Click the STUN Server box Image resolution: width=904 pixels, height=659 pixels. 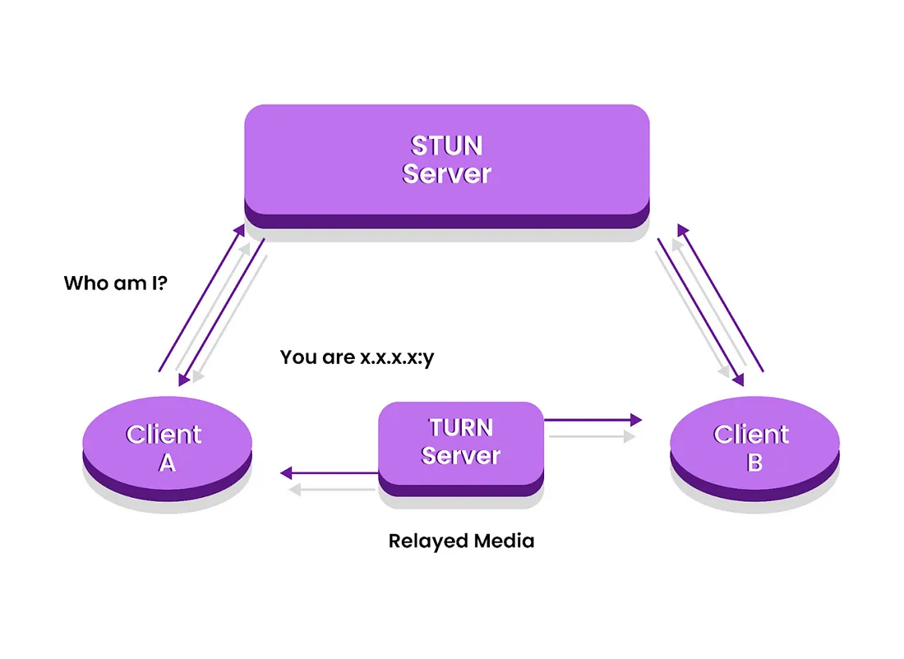pyautogui.click(x=447, y=166)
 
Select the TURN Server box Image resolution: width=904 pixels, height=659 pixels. pyautogui.click(x=461, y=449)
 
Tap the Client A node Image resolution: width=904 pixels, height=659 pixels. pyautogui.click(x=167, y=448)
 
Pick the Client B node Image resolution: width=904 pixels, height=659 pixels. pyautogui.click(x=754, y=448)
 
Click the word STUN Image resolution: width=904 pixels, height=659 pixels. pyautogui.click(x=447, y=146)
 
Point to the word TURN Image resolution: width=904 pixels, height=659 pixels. pyautogui.click(x=461, y=428)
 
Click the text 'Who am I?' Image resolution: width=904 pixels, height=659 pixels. pyautogui.click(x=115, y=283)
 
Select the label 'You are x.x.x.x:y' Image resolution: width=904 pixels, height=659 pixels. pyautogui.click(x=357, y=357)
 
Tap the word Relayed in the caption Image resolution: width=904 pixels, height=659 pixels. pyautogui.click(x=427, y=541)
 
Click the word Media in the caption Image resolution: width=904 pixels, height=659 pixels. pyautogui.click(x=503, y=541)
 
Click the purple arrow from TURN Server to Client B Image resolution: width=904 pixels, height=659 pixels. pyautogui.click(x=593, y=420)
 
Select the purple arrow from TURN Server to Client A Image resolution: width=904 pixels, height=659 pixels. pyautogui.click(x=330, y=473)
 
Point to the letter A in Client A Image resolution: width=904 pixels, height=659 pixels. pyautogui.click(x=167, y=463)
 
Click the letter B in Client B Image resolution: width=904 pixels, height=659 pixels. pyautogui.click(x=754, y=463)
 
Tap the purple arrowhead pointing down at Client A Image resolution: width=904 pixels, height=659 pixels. pyautogui.click(x=183, y=380)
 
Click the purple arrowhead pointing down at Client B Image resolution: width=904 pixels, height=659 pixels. pyautogui.click(x=739, y=380)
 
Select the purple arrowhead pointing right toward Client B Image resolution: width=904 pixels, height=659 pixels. pyautogui.click(x=636, y=420)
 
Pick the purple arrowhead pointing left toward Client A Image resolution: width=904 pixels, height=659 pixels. pyautogui.click(x=286, y=473)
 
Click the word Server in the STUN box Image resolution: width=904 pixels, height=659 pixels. pyautogui.click(x=447, y=173)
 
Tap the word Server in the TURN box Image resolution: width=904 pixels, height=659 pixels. pyautogui.click(x=461, y=455)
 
